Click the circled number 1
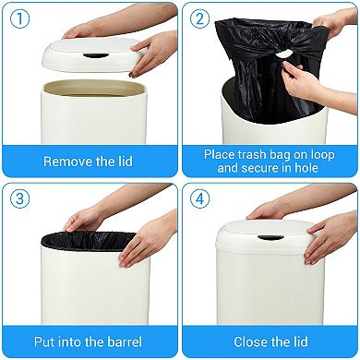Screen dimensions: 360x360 click(x=21, y=20)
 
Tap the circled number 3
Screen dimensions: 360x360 click(x=21, y=200)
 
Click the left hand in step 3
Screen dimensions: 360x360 click(x=88, y=220)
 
